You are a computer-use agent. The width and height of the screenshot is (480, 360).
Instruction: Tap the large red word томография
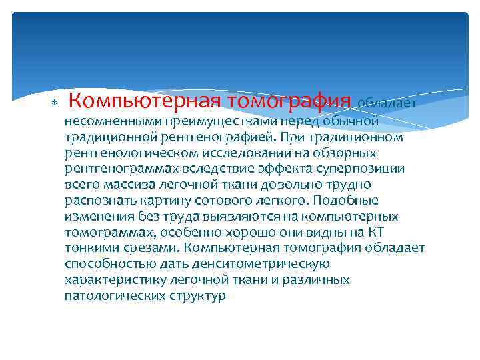(289, 101)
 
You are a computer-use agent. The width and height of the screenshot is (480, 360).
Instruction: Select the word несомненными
(106, 121)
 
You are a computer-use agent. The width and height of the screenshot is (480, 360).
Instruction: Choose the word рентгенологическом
(124, 153)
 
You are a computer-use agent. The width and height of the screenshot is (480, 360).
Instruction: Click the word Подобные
(351, 201)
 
